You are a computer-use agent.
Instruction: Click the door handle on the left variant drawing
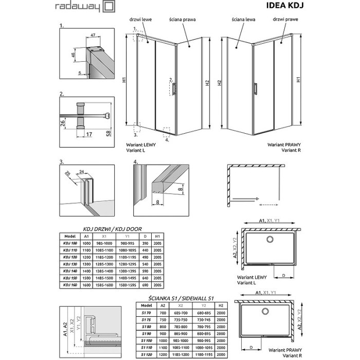(x=175, y=88)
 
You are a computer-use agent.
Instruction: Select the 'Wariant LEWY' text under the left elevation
(x=139, y=146)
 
